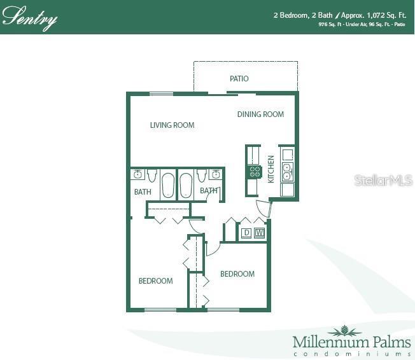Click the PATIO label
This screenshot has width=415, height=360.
[239, 79]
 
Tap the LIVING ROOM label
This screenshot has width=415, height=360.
[172, 125]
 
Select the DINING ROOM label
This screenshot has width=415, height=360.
[260, 114]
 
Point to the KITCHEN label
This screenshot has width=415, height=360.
[271, 169]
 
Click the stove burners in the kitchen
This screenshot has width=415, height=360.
[255, 170]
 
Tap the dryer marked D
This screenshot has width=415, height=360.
[246, 233]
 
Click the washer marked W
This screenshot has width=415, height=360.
[259, 233]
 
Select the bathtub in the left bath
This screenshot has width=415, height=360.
[168, 186]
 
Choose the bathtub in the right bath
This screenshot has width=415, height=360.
[186, 186]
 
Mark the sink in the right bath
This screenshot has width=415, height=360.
[215, 174]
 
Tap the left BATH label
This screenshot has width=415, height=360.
[143, 191]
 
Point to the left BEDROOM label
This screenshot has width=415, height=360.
[156, 280]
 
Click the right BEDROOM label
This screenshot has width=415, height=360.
[237, 274]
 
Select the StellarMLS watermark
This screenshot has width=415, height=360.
[383, 181]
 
